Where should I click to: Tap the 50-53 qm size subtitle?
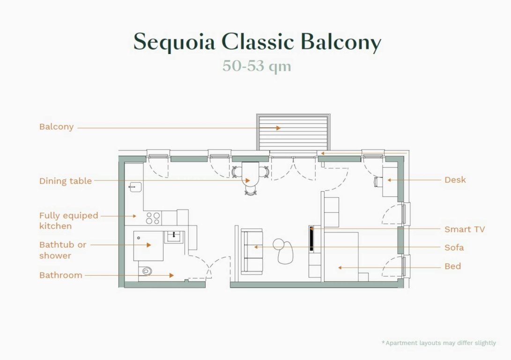point(257,66)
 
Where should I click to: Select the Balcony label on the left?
point(56,127)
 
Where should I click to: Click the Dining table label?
point(66,181)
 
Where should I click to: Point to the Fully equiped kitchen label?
point(68,221)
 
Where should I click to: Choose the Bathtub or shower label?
point(63,250)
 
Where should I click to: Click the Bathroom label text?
point(60,275)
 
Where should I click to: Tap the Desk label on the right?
point(455,180)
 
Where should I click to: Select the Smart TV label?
point(465,229)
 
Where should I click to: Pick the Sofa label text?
point(454,247)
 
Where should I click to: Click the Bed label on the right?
point(452,266)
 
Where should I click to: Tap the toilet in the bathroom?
point(146,270)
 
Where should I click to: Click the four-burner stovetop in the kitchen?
point(153,218)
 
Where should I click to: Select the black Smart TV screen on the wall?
point(311,239)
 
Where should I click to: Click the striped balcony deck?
point(293,132)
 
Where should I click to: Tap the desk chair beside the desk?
point(378,181)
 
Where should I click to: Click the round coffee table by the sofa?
point(278,244)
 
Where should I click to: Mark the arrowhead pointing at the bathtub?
point(149,245)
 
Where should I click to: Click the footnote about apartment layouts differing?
point(439,343)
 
